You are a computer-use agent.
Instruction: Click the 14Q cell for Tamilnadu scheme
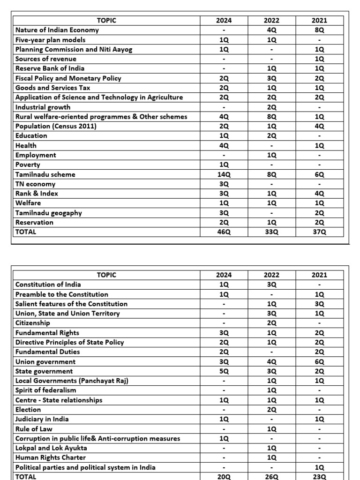tap(224, 174)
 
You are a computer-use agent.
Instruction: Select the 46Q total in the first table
tap(224, 232)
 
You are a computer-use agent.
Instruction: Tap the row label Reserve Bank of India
tap(50, 68)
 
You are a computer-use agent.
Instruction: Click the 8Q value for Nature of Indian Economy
tap(319, 30)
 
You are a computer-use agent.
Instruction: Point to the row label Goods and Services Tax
tap(52, 88)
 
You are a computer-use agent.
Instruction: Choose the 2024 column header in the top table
tap(224, 20)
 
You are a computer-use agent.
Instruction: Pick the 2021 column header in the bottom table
tap(319, 275)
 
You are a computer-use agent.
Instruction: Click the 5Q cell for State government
tap(224, 371)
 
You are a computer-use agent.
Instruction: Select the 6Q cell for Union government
tap(319, 362)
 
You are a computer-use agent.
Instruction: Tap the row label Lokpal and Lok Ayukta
tap(51, 448)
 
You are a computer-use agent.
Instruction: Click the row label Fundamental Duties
tap(47, 352)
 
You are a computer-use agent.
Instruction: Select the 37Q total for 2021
tap(319, 232)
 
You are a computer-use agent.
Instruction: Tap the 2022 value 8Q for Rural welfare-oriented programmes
tap(272, 117)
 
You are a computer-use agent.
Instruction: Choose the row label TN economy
tap(35, 184)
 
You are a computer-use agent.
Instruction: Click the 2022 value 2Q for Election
tap(272, 410)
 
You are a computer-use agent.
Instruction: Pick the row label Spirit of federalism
tap(45, 390)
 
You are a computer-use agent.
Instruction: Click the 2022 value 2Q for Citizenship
tap(272, 323)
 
